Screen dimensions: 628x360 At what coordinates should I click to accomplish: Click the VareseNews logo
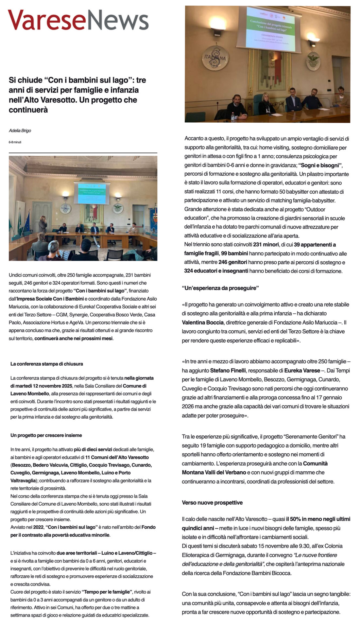point(78,20)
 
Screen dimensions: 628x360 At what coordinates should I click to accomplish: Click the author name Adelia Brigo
point(20,131)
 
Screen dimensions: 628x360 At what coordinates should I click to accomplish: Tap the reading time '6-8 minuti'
point(15,142)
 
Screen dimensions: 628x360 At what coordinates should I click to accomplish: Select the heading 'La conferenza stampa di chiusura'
point(47,364)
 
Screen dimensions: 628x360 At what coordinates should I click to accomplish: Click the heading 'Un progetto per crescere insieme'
point(46,435)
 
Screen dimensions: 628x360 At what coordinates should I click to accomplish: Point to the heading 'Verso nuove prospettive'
point(212,502)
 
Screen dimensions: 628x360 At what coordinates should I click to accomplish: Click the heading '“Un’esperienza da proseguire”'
point(220,288)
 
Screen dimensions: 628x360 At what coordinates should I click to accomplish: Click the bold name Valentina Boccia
point(203,323)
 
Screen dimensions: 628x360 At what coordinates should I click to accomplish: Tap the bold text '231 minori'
point(266,244)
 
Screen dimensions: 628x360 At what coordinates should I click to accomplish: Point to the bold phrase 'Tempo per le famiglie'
point(107,592)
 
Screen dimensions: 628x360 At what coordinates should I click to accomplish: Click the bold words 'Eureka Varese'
point(302,371)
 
